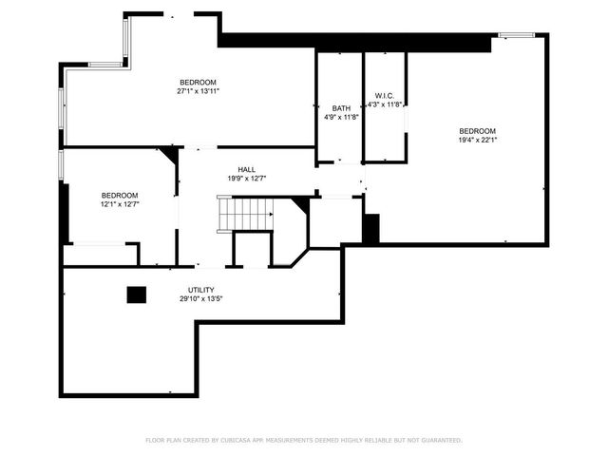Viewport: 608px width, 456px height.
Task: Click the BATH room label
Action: [x=341, y=108]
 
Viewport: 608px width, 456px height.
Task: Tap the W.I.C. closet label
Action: [x=385, y=95]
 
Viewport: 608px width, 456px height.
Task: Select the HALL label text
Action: [x=246, y=169]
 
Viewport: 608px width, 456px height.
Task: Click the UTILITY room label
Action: [x=200, y=290]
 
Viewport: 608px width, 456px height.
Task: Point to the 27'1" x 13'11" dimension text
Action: [x=198, y=92]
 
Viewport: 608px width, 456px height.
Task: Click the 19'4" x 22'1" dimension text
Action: [x=477, y=141]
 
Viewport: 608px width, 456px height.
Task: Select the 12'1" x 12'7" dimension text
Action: [x=120, y=204]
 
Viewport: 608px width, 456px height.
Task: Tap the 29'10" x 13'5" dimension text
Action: [x=200, y=299]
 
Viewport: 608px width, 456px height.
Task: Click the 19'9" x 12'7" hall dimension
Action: [x=246, y=179]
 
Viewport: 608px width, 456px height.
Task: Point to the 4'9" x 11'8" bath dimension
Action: [x=341, y=118]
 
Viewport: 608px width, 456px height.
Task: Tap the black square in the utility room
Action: [x=137, y=295]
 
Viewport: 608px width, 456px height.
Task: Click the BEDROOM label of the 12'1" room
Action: [x=120, y=195]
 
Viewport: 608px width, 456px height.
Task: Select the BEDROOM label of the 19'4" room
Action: [x=477, y=131]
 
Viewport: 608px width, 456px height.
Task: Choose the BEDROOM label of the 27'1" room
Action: [x=198, y=82]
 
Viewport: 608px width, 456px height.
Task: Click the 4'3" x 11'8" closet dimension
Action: [x=385, y=104]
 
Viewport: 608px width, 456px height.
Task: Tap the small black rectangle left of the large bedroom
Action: [x=371, y=228]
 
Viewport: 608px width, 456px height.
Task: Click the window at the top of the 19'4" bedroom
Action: [x=517, y=36]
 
